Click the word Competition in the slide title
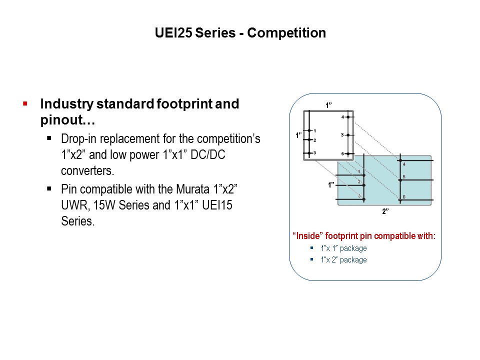click(286, 33)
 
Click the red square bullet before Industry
click(24, 103)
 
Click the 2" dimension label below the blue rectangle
click(385, 211)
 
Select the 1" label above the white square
click(328, 105)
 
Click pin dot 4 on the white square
click(348, 117)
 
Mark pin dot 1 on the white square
click(309, 131)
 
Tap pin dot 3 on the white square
click(309, 152)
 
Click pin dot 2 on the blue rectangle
click(364, 185)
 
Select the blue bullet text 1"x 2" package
click(343, 260)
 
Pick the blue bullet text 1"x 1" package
click(343, 248)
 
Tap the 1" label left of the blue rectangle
click(331, 185)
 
